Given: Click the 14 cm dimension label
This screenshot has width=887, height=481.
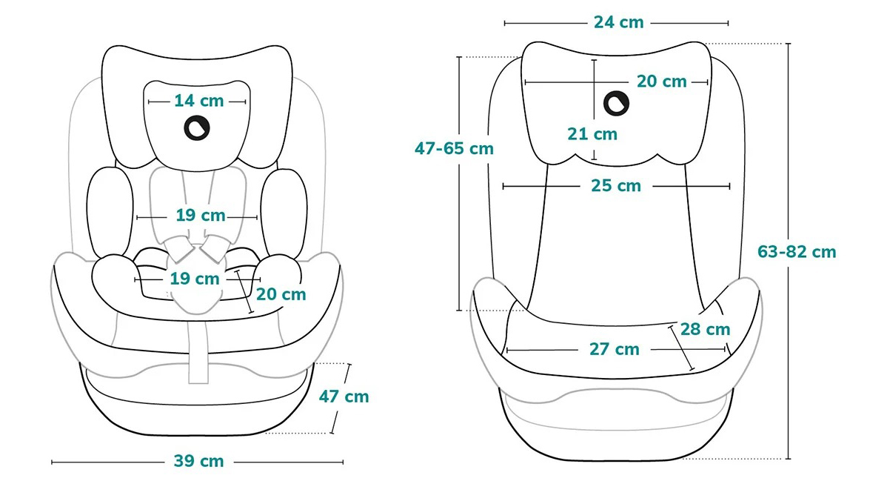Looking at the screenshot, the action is tap(198, 101).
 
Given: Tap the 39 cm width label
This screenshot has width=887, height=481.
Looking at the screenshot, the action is tap(198, 461).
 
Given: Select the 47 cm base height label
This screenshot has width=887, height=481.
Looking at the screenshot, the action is tap(344, 397).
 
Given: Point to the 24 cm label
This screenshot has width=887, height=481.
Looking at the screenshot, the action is tap(618, 23).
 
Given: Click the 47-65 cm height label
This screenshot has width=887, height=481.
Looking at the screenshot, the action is tap(455, 148).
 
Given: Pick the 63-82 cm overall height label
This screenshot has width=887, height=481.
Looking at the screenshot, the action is tap(797, 252).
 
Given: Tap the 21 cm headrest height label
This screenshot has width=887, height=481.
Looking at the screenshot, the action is tap(592, 134).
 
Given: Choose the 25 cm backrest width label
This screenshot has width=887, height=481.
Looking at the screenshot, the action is tap(616, 186).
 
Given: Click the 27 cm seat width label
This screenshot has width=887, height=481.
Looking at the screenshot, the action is tap(615, 350).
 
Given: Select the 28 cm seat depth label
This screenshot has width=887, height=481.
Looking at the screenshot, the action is tap(705, 329).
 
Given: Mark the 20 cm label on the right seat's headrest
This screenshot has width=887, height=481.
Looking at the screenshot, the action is tap(661, 82).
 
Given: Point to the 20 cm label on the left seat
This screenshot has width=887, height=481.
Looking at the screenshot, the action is tap(281, 295).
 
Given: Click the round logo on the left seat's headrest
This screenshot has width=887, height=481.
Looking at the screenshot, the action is tap(197, 128).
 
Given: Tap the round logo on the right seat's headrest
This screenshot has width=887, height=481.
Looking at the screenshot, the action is tap(616, 104).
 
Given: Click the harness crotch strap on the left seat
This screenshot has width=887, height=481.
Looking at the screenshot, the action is tap(198, 348).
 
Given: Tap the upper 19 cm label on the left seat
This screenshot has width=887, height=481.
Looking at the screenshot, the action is tap(200, 216).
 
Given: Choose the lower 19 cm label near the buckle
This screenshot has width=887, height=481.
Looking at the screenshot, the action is tap(195, 279).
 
